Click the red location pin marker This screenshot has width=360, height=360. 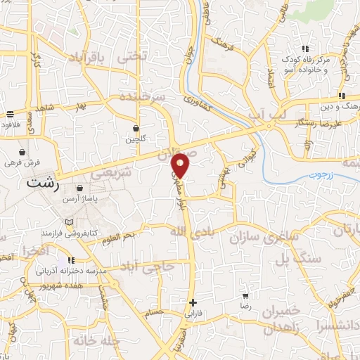[181, 165]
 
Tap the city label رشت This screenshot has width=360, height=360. [41, 182]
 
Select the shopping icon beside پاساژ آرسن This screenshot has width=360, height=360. [81, 188]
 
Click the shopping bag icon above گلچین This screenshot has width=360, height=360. [136, 129]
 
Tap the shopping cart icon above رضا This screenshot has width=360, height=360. [245, 297]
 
